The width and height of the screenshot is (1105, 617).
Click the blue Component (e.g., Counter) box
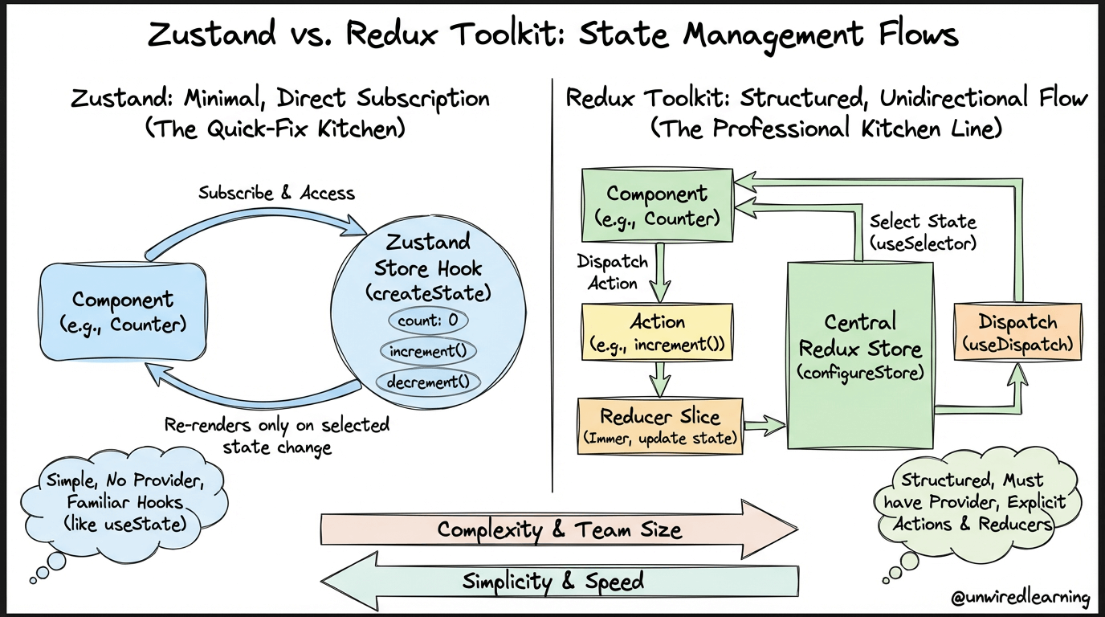pos(123,312)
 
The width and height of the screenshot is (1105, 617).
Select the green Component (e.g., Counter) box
pos(657,206)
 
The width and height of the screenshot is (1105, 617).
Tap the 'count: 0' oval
pos(428,321)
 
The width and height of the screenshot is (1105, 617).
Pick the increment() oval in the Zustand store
pos(428,351)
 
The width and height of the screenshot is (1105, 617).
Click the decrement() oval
pos(428,382)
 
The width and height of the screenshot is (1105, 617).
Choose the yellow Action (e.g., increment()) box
pos(657,332)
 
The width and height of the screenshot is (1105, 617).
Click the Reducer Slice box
pos(660,427)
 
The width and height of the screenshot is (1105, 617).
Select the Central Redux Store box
pos(860,355)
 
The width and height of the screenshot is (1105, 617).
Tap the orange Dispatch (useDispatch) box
pos(1017,332)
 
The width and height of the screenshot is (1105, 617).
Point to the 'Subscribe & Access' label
pos(276,193)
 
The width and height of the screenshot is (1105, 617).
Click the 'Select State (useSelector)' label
pos(923,232)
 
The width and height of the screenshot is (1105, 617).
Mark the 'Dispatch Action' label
pos(613,272)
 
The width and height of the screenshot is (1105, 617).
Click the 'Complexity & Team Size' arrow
pos(560,529)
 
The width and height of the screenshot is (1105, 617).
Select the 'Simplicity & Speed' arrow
pos(560,581)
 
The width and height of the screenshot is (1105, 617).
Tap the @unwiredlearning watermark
pos(1020,597)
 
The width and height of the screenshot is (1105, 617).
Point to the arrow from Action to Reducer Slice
pos(659,379)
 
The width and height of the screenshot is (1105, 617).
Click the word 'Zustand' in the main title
pos(212,35)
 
